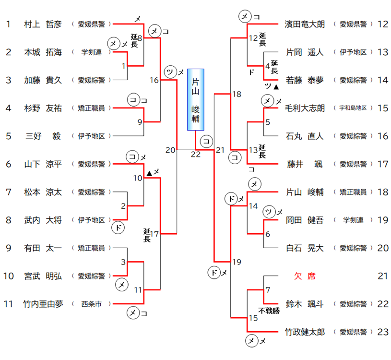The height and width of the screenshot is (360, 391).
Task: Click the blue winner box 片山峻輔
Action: click(x=195, y=99)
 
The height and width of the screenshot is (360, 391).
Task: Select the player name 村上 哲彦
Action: click(x=43, y=24)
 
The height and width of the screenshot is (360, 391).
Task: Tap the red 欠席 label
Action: click(x=305, y=276)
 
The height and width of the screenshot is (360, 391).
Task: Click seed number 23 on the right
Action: click(x=382, y=332)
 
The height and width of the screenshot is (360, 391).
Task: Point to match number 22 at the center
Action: click(x=195, y=154)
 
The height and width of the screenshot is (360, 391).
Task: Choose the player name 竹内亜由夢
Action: click(x=43, y=304)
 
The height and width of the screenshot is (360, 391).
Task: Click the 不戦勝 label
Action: click(x=269, y=310)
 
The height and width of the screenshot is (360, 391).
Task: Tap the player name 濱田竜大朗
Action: click(x=305, y=24)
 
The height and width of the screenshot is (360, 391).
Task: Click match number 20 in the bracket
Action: click(x=170, y=150)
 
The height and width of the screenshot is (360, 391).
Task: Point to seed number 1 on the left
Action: click(x=8, y=24)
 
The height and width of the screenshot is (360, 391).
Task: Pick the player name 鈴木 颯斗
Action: click(x=305, y=304)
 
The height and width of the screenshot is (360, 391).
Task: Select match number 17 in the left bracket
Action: click(x=154, y=234)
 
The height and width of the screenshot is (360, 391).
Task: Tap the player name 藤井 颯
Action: click(x=305, y=164)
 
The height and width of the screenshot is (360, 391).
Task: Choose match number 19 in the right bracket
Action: click(x=237, y=262)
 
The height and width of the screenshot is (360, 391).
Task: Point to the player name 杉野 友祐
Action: click(x=43, y=108)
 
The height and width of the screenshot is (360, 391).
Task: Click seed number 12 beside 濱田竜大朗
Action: click(x=382, y=24)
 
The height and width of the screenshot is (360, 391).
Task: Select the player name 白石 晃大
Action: click(x=305, y=248)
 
